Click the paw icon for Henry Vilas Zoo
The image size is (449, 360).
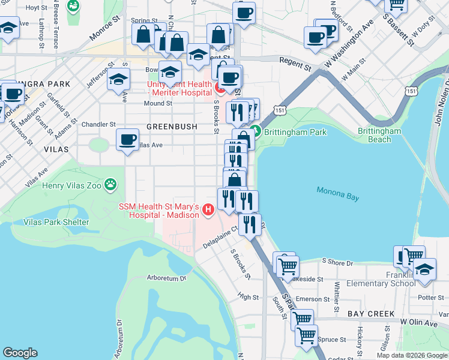point(110,185)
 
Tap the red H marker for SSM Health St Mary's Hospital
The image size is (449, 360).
point(208,209)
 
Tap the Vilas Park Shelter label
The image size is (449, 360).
point(56,222)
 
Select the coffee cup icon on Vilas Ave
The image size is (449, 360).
point(127,140)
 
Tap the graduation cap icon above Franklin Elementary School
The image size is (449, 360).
point(424,268)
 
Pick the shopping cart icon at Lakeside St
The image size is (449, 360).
point(287,264)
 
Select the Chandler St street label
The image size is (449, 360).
point(100,125)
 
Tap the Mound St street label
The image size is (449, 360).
point(158,103)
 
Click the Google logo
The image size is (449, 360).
point(20,353)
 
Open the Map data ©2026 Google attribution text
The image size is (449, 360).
point(411,355)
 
